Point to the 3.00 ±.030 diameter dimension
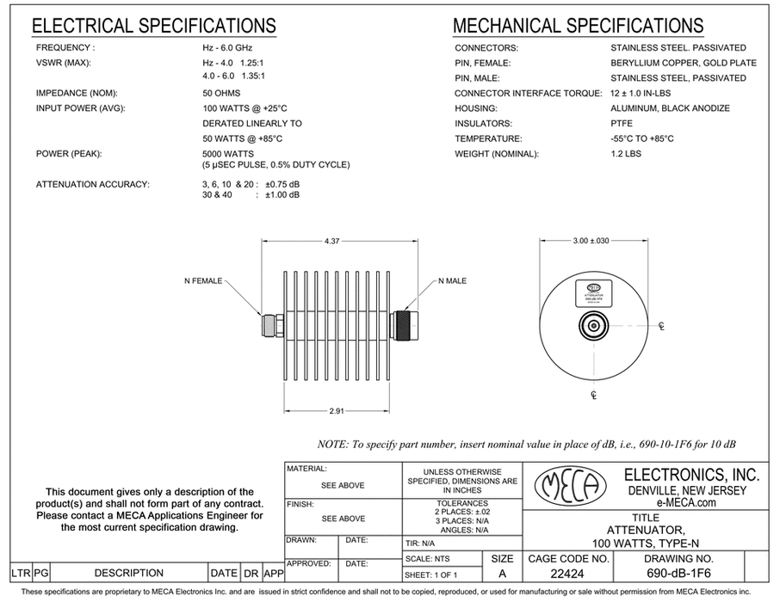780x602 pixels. pos(591,242)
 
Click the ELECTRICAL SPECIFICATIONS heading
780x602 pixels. pos(154,26)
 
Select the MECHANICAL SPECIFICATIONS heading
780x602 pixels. pos(579,26)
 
